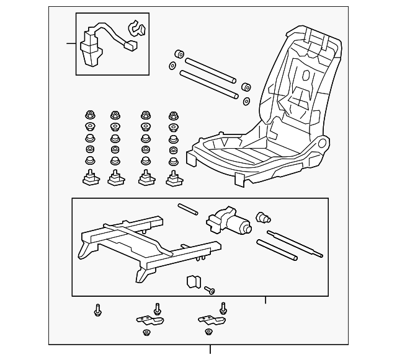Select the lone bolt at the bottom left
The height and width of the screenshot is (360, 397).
[98, 309]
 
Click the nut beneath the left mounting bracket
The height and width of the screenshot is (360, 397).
[146, 334]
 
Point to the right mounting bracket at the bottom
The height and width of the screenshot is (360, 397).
[210, 319]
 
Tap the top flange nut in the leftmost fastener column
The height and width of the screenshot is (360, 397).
[89, 115]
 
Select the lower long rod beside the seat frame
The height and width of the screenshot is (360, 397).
[208, 85]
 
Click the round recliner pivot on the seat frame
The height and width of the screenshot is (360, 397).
[321, 146]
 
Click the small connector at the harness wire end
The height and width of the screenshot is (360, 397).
[130, 45]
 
